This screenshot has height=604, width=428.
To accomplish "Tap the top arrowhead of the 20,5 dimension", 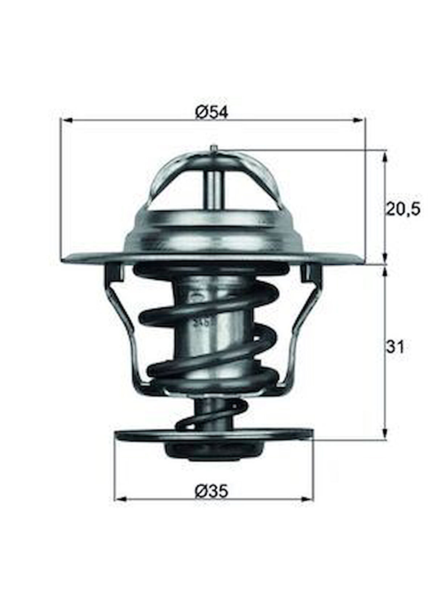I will tap(385, 156).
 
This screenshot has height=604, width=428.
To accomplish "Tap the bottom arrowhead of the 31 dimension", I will tap(385, 435).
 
